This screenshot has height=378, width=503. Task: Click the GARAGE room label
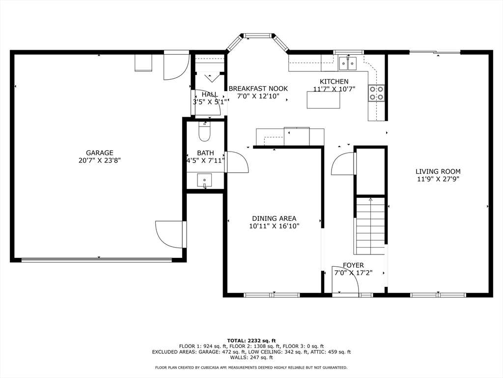coord(99,153)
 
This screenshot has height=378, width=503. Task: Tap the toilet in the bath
coord(204,131)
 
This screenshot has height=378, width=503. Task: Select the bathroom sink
coord(204,180)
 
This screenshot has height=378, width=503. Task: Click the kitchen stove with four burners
coord(376,93)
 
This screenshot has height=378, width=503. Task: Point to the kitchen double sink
coord(348,63)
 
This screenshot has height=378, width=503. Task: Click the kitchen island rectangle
coord(323,100)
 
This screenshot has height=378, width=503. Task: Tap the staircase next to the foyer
coord(370,226)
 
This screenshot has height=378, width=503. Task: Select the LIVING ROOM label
coord(438,172)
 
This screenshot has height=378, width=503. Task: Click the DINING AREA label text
coord(274,219)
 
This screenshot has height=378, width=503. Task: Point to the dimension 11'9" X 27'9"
coord(438,179)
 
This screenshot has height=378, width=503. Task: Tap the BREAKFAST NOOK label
coord(258,89)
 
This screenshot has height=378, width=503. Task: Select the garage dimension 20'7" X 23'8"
coord(99,160)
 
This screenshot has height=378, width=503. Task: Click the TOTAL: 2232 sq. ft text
coord(251,341)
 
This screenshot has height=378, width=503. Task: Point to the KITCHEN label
coord(334,82)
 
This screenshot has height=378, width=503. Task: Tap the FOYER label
coord(353,265)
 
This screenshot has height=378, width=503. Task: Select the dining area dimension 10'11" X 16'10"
coord(274,226)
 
